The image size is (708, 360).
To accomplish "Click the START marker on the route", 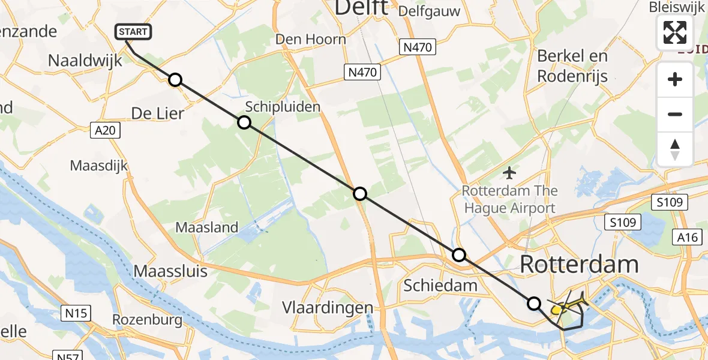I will [x=133, y=32].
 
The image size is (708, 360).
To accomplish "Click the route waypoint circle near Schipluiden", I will [x=244, y=122].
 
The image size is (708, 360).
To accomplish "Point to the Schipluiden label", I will [x=283, y=107].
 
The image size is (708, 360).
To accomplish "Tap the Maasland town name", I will [x=207, y=227].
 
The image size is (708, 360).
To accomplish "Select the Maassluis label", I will [x=170, y=271].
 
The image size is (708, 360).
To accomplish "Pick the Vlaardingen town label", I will [x=328, y=308].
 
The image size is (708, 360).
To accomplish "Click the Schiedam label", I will [x=440, y=285].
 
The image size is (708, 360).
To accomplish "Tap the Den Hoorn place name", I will [x=311, y=40].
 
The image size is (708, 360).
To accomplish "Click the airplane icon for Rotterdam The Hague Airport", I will [x=510, y=173].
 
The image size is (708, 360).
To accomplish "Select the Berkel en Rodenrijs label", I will [x=572, y=66].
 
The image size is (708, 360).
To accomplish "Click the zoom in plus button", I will [x=675, y=79].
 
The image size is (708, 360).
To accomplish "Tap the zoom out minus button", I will [x=675, y=114].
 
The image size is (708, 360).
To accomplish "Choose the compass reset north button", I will [x=675, y=149].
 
